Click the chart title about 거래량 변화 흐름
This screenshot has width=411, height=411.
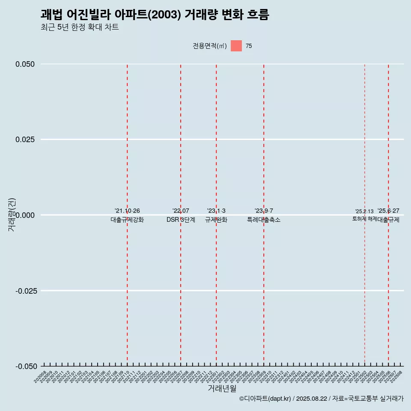tap(155, 15)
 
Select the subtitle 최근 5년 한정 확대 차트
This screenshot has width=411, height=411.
tap(80, 27)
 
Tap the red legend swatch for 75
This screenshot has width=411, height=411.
tap(236, 46)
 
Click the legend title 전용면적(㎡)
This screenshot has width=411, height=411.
tap(210, 46)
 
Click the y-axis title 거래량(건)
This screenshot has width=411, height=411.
tap(12, 215)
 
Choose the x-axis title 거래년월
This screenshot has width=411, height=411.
tap(222, 388)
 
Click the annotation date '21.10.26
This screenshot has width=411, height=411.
tap(127, 211)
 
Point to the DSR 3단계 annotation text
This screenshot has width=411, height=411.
tap(181, 220)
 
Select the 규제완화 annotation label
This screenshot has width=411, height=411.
tap(216, 220)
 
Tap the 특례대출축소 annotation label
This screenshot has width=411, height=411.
tap(264, 220)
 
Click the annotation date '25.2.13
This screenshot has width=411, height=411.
tap(364, 211)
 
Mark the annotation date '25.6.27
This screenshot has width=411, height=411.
tap(388, 211)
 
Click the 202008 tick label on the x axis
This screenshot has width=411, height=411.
tap(40, 375)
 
